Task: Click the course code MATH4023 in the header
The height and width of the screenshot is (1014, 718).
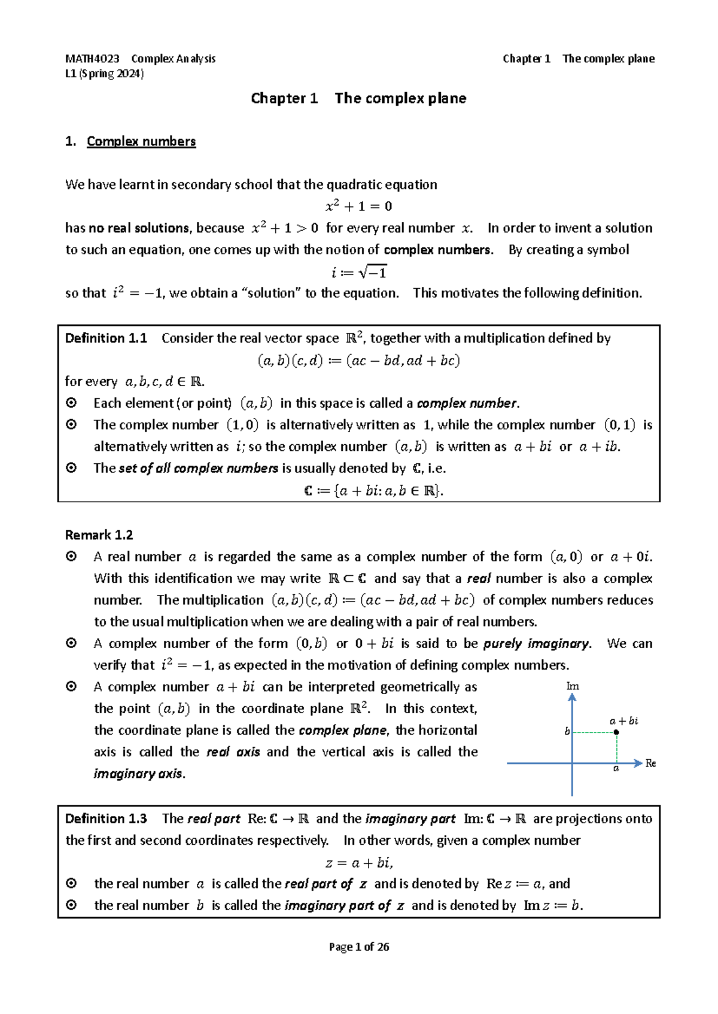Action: pos(92,59)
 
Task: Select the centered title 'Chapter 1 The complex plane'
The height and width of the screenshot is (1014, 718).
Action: pos(358,99)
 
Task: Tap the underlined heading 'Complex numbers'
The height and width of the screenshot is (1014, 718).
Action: pos(141,142)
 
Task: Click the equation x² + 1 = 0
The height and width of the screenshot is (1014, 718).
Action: pos(358,207)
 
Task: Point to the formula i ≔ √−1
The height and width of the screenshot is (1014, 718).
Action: pos(359,273)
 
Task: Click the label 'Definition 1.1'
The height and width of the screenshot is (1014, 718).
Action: pos(106,338)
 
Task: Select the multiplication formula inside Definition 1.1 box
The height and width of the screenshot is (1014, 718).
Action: pos(358,361)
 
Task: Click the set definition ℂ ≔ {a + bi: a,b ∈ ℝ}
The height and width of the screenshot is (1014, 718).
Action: pos(374,491)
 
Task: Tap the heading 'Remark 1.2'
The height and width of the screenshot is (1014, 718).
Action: pos(99,535)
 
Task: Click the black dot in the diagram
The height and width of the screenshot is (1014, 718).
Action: pos(616,732)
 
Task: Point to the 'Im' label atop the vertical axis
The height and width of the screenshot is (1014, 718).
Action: pos(573,686)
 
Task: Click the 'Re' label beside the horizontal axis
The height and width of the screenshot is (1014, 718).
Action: pos(650,763)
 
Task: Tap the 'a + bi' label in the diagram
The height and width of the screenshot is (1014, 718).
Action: pos(623,721)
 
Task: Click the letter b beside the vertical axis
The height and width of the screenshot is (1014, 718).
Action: pos(567,731)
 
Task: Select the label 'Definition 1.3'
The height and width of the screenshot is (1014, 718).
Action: pos(106,818)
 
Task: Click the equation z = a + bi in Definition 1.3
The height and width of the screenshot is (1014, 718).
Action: pos(359,863)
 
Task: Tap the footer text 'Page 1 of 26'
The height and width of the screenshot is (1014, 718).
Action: pos(359,946)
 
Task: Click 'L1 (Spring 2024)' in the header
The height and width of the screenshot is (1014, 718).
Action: pos(105,74)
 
